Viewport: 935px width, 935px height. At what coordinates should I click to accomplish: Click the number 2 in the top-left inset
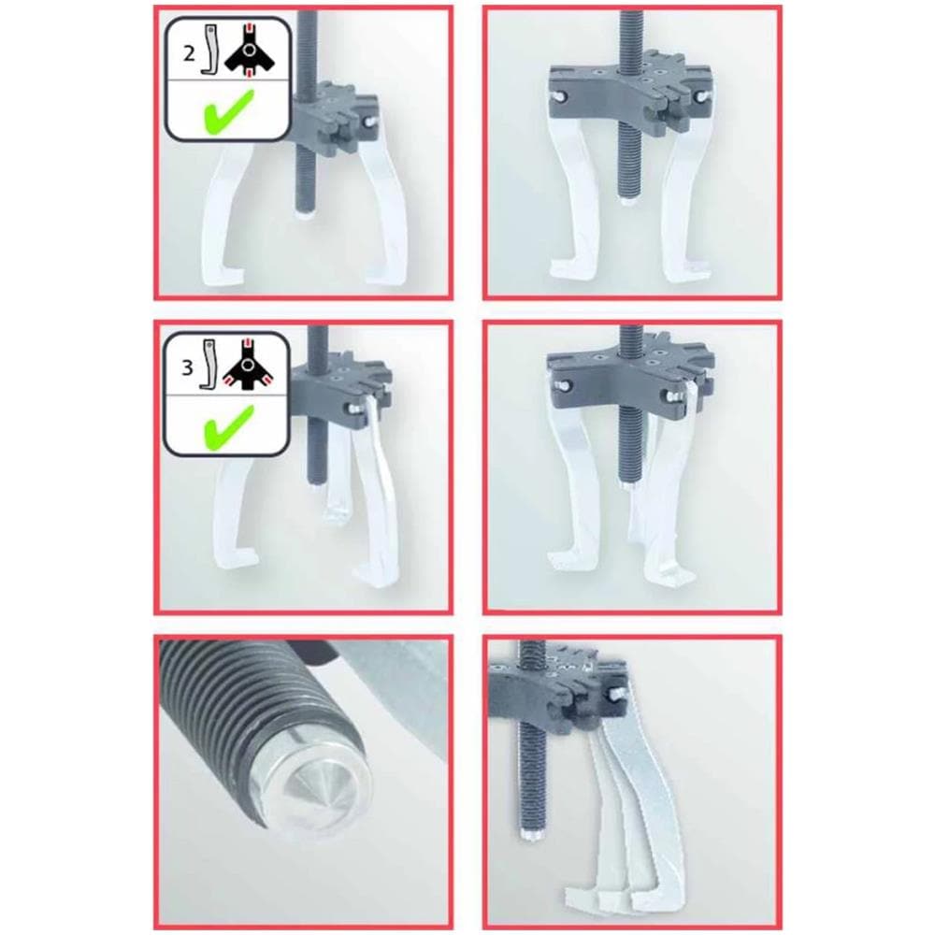click(x=189, y=53)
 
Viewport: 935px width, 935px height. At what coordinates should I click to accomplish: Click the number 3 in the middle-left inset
click(x=187, y=367)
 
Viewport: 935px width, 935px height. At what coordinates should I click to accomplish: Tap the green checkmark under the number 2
click(x=228, y=110)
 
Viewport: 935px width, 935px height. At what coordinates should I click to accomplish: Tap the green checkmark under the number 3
click(x=228, y=426)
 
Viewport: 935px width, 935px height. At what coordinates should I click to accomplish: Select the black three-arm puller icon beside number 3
click(x=249, y=365)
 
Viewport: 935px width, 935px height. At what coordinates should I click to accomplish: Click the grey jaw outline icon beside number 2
click(x=209, y=50)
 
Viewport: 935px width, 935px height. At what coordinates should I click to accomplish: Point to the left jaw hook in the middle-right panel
click(x=570, y=560)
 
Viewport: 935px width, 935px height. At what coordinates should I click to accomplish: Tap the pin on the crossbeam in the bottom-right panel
click(x=616, y=694)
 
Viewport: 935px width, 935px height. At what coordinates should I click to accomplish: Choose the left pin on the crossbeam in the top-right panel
click(x=559, y=95)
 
